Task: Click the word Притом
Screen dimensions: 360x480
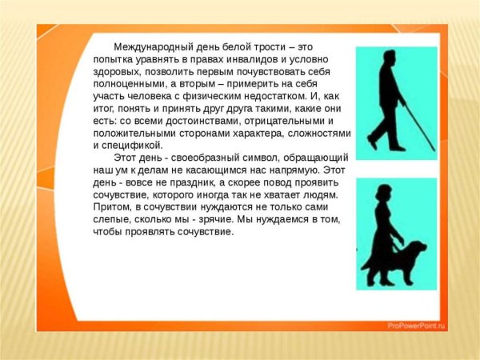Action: coord(112,207)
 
